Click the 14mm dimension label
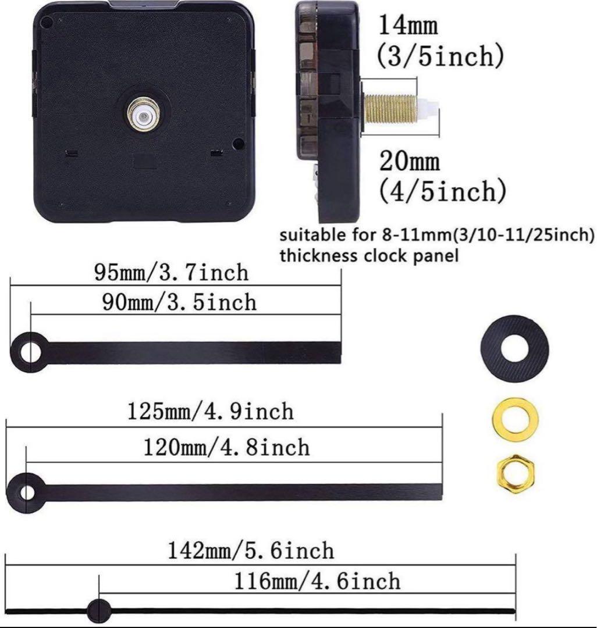[x=408, y=24]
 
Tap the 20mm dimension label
[x=410, y=161]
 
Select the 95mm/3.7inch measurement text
[x=172, y=273]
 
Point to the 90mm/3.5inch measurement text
[x=179, y=302]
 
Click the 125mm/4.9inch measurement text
[x=211, y=411]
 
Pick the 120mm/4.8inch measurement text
[x=226, y=447]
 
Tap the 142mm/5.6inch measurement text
[x=250, y=550]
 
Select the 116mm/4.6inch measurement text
[x=317, y=581]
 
